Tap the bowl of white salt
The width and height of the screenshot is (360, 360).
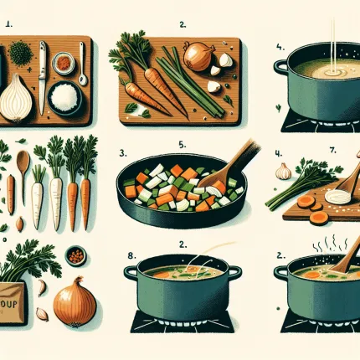point(64,99)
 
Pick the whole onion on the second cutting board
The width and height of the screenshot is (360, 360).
point(198,57)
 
